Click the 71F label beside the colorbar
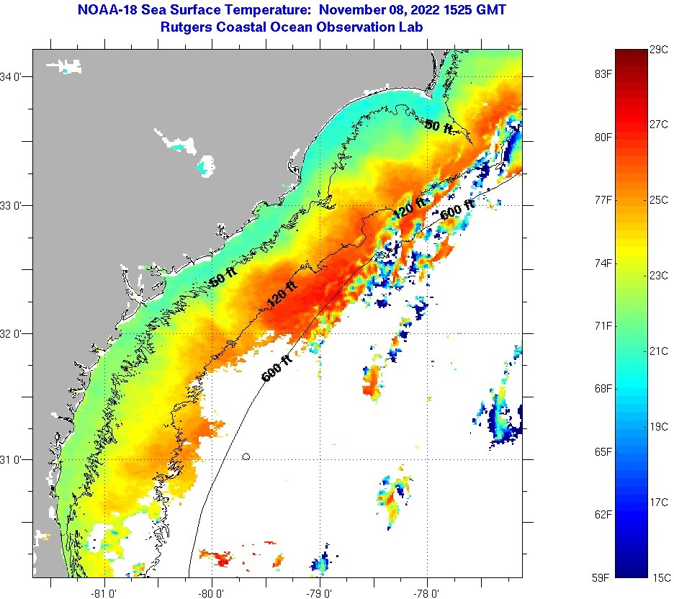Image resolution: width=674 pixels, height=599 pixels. click(603, 326)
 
